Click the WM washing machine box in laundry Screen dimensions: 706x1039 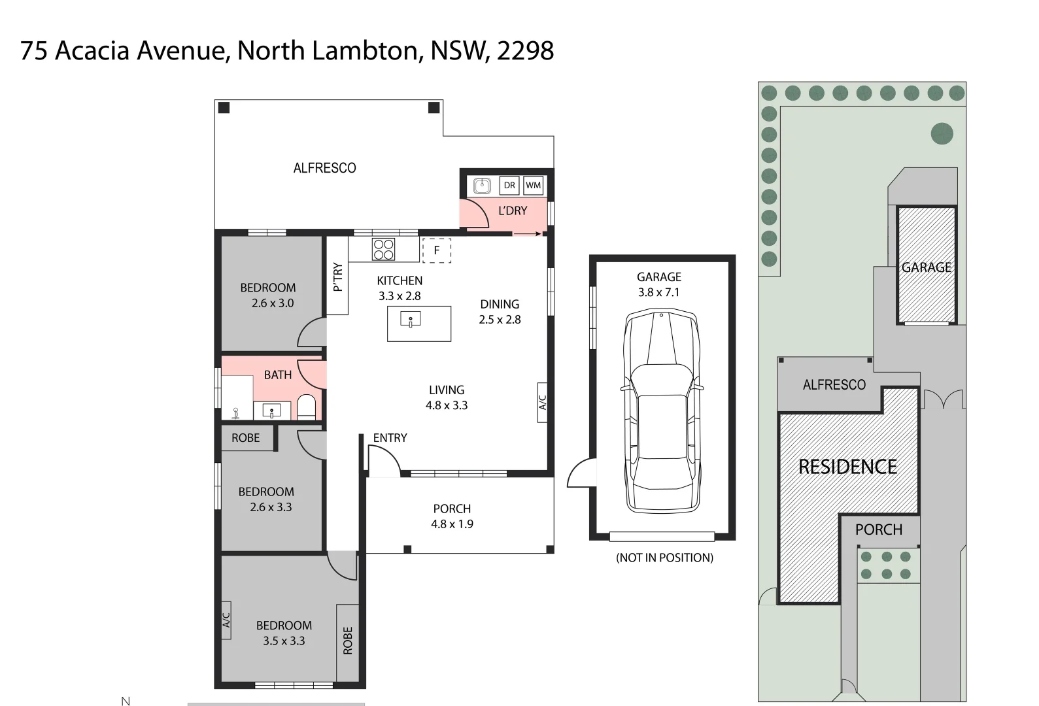click(533, 185)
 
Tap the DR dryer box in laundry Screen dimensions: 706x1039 click(509, 185)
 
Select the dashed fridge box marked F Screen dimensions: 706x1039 click(436, 250)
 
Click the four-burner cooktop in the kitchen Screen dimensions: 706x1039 click(383, 249)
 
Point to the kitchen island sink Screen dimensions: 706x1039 click(411, 320)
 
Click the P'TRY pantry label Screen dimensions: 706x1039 click(337, 277)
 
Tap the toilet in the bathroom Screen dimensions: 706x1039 click(306, 407)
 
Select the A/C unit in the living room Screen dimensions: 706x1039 click(542, 402)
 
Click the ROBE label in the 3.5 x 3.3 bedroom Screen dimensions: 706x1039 click(348, 641)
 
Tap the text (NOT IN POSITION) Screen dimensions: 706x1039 click(664, 558)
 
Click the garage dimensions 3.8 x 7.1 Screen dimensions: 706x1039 click(658, 292)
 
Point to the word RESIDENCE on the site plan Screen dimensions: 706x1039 click(847, 467)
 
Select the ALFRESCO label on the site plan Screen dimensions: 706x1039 click(834, 385)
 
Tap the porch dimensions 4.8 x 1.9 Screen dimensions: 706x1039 click(452, 524)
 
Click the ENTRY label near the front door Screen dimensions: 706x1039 click(390, 438)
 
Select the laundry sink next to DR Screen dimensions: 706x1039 click(482, 186)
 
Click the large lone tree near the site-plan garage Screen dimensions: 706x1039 click(942, 134)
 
